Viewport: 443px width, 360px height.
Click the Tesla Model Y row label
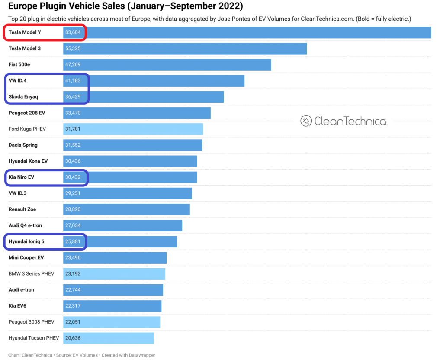(x=25, y=32)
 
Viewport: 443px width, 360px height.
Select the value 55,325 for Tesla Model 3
(x=73, y=48)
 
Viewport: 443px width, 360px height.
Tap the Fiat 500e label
(x=19, y=64)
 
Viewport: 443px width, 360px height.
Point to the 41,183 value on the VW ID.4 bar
(x=73, y=81)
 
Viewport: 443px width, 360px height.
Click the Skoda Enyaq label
(x=23, y=97)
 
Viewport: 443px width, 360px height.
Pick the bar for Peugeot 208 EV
(x=137, y=113)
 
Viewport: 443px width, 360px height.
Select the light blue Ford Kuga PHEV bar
(x=133, y=129)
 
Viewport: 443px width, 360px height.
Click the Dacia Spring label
(x=23, y=145)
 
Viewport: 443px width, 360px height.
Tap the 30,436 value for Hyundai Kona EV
(x=73, y=161)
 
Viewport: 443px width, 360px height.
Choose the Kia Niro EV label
(x=21, y=177)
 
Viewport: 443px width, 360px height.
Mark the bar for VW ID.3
(x=127, y=193)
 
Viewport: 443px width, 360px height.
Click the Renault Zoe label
(x=22, y=209)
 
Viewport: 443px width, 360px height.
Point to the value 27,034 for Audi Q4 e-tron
(x=73, y=225)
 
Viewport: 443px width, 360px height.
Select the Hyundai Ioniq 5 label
(x=26, y=241)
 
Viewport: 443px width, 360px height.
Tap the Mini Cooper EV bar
(x=115, y=258)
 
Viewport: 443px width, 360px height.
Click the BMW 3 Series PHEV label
(x=31, y=274)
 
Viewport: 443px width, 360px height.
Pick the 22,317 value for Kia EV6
(x=73, y=306)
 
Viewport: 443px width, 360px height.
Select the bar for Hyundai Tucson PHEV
(x=108, y=338)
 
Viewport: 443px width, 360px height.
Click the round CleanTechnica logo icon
(x=306, y=121)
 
